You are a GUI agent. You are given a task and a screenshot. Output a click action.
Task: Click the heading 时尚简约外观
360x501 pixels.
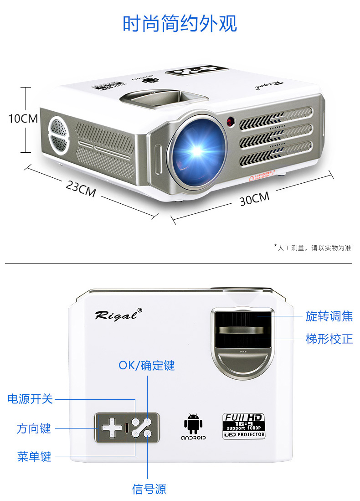click(x=180, y=24)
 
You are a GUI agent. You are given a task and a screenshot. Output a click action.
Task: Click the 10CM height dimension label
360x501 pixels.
click(x=23, y=119)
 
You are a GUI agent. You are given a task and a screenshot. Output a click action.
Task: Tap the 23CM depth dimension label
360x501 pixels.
click(x=81, y=188)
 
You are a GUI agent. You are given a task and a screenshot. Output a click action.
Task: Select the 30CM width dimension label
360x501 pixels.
click(x=254, y=198)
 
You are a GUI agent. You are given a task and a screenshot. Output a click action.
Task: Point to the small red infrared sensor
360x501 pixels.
click(x=231, y=122)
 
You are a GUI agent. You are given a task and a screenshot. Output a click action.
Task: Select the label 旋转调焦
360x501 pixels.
click(x=329, y=316)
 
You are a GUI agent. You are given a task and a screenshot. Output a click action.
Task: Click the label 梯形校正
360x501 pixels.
click(x=329, y=339)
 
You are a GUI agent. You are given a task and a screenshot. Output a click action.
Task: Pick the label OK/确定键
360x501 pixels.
click(x=147, y=365)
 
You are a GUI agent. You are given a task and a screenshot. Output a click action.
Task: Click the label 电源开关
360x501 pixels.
click(x=30, y=399)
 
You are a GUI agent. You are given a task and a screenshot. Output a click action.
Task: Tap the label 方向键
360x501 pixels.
click(x=34, y=429)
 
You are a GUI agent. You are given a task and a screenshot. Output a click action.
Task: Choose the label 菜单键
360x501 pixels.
click(x=34, y=457)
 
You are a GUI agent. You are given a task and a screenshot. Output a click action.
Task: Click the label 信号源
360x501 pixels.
click(x=149, y=490)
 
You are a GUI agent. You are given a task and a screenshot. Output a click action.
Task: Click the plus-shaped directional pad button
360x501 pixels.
click(x=110, y=428)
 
